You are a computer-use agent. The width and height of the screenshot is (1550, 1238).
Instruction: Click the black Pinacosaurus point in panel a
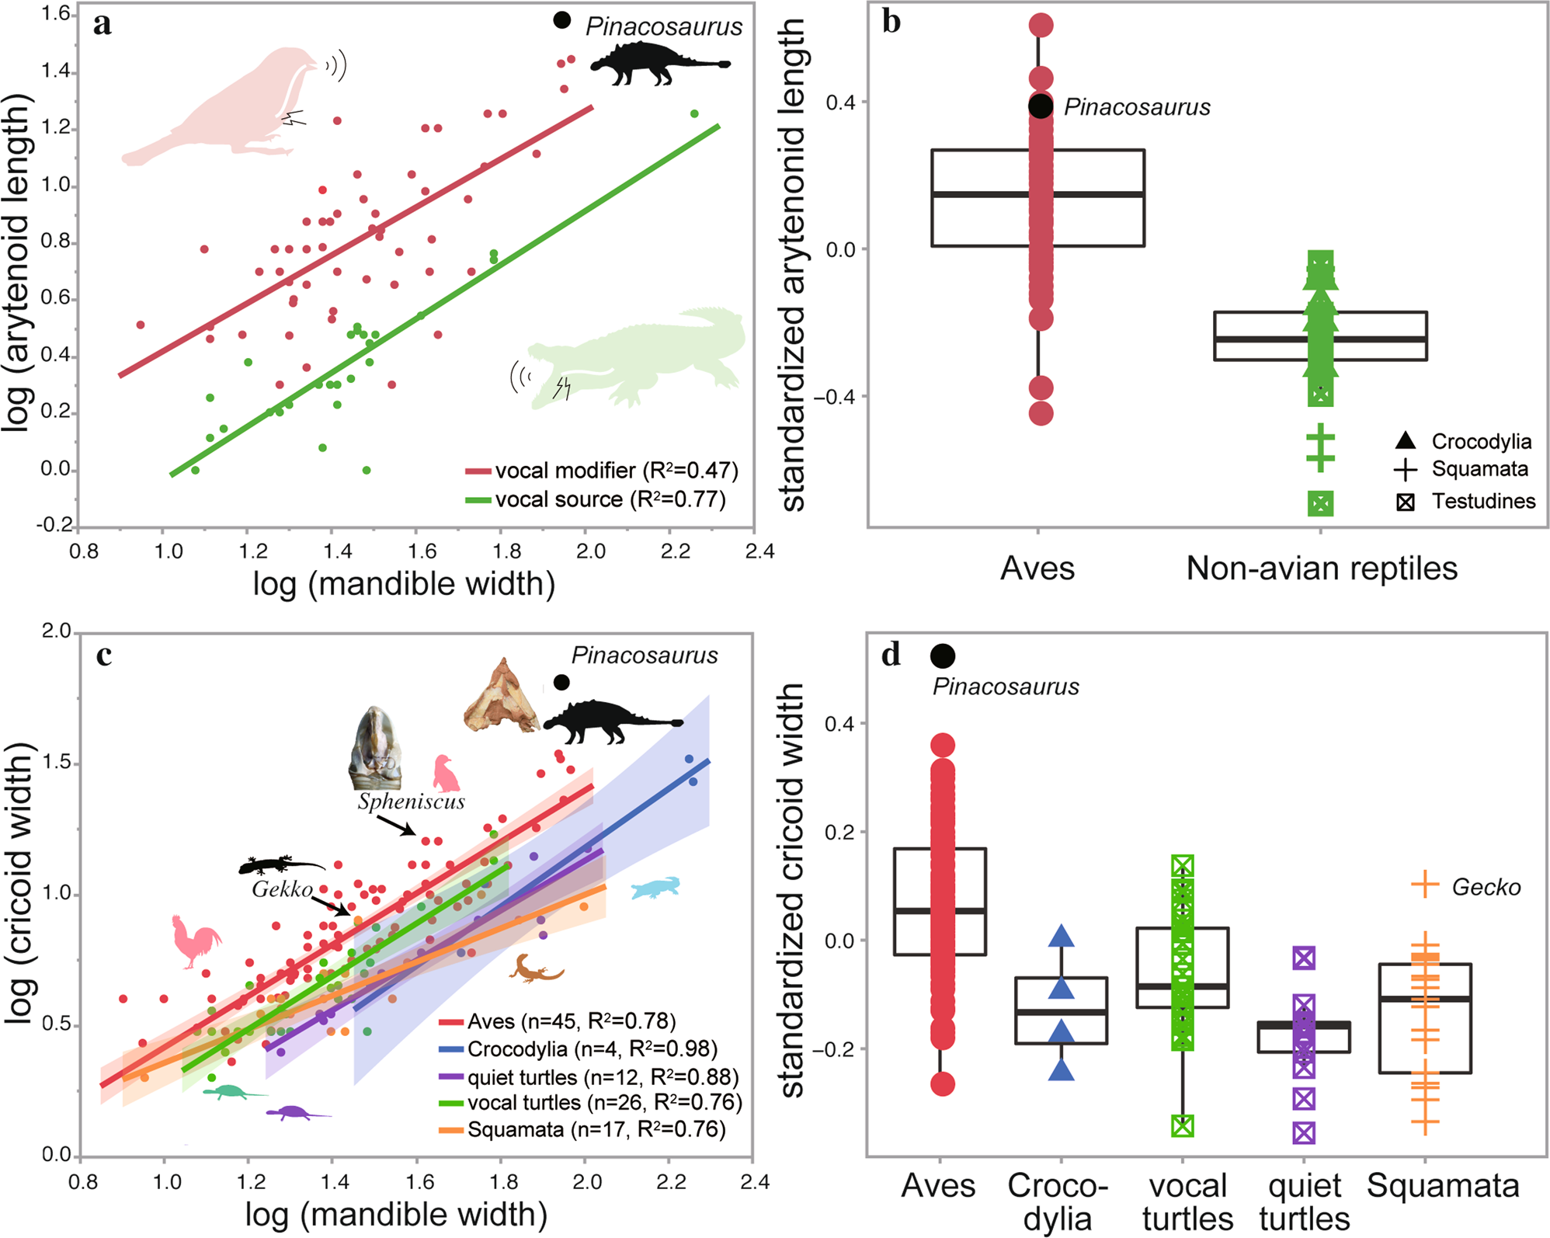pos(561,21)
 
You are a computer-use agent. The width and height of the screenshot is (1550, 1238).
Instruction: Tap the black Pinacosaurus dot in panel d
pos(942,656)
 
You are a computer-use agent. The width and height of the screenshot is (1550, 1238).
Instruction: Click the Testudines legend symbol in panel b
pos(1405,503)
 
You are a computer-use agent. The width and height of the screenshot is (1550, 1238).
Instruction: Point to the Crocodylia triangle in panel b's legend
pos(1405,441)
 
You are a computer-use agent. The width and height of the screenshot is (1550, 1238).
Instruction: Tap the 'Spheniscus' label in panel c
pos(411,802)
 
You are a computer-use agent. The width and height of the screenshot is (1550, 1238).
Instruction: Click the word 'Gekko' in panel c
pos(282,889)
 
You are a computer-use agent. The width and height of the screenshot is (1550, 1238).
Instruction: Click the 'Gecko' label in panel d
pos(1486,887)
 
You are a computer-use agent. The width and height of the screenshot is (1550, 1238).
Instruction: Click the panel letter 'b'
pos(891,23)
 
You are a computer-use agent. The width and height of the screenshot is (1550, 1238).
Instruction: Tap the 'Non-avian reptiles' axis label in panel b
pos(1322,569)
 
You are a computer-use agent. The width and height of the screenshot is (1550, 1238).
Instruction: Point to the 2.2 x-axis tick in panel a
pos(675,551)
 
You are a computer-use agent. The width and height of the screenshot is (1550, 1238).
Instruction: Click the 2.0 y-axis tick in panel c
pos(56,631)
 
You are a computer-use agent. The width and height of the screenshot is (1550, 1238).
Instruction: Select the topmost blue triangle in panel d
pos(1061,937)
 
